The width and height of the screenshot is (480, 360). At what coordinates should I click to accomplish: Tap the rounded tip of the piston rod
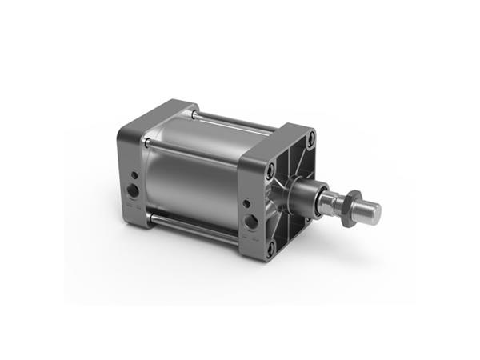click(373, 212)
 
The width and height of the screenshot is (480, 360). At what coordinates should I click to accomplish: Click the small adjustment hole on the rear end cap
click(134, 173)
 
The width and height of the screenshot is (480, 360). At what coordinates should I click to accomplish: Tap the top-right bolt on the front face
click(308, 146)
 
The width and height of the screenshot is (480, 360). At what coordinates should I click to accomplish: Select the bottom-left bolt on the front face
click(271, 247)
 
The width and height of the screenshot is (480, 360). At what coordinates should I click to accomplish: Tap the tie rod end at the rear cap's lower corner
click(146, 215)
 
